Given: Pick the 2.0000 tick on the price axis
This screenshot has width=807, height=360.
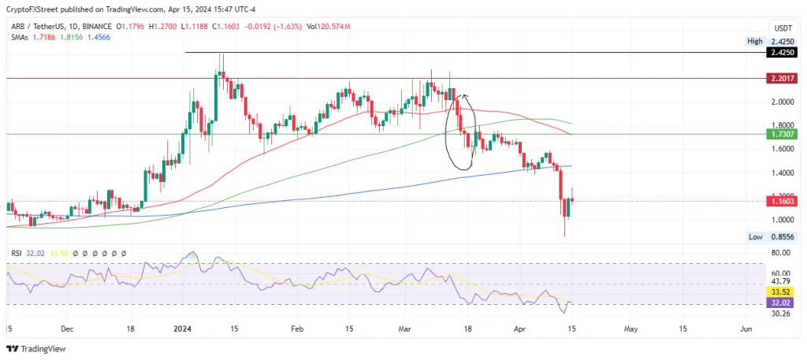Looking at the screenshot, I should [x=782, y=102].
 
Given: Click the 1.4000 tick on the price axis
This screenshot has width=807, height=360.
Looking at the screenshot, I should [x=782, y=173].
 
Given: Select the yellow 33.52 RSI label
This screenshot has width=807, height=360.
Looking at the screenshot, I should [x=779, y=291].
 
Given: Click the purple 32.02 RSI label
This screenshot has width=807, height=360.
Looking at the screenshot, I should [x=779, y=302].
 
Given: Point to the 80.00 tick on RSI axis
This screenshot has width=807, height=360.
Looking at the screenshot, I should [x=781, y=253].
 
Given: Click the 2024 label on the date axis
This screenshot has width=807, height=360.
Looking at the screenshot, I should [x=183, y=327].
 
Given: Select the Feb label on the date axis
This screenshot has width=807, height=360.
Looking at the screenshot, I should [x=297, y=327].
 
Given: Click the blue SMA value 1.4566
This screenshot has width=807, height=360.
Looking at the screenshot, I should [x=99, y=37].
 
